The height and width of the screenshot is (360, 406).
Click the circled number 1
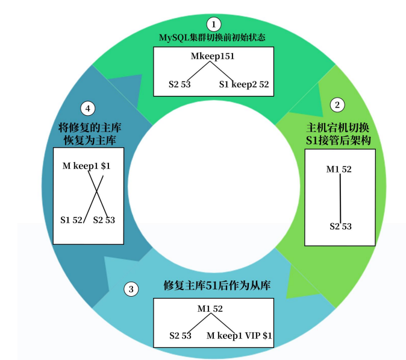pyautogui.click(x=213, y=24)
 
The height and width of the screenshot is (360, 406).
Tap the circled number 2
pyautogui.click(x=338, y=104)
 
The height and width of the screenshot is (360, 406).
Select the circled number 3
pyautogui.click(x=131, y=289)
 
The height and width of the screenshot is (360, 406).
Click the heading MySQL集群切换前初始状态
pyautogui.click(x=213, y=37)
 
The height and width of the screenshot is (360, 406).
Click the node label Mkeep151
pyautogui.click(x=213, y=57)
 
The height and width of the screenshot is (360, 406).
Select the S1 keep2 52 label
pyautogui.click(x=244, y=84)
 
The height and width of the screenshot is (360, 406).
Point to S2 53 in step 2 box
pyautogui.click(x=340, y=227)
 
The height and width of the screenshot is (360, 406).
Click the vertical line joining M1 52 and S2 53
pyautogui.click(x=340, y=198)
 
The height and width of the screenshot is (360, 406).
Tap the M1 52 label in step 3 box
pyautogui.click(x=210, y=309)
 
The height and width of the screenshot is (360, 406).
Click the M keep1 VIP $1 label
pyautogui.click(x=239, y=335)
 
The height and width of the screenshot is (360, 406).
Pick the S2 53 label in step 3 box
pyautogui.click(x=180, y=335)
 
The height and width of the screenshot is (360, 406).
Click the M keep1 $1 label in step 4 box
pyautogui.click(x=87, y=165)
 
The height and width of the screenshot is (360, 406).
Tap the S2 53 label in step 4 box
pyautogui.click(x=104, y=220)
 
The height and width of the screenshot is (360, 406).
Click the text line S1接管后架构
pyautogui.click(x=338, y=141)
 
